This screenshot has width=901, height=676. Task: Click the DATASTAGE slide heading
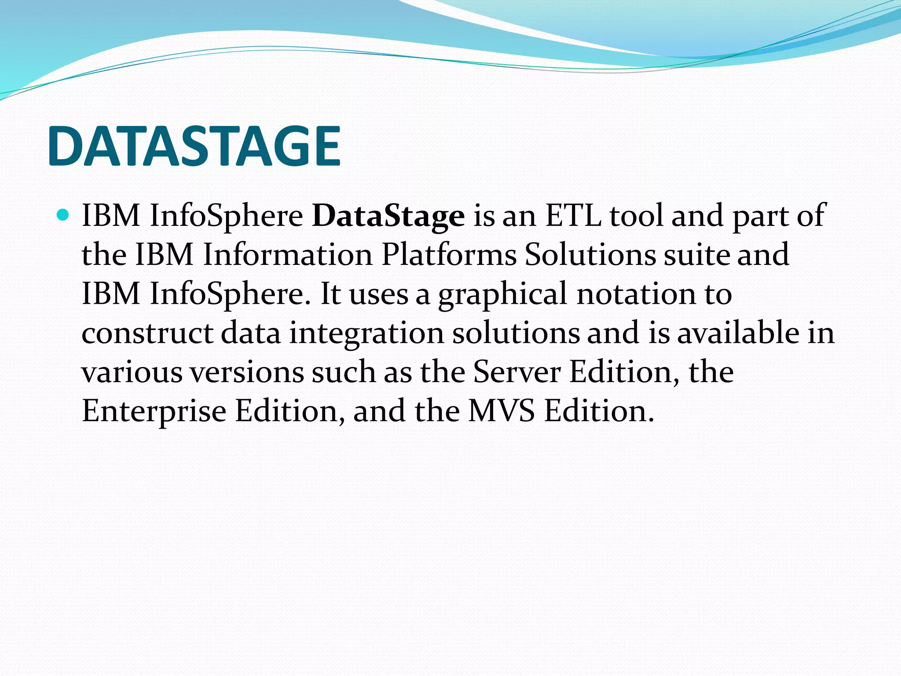point(194,146)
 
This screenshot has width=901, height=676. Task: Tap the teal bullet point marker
point(63,215)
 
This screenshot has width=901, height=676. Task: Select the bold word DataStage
point(388,216)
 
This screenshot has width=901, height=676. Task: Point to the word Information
point(288,255)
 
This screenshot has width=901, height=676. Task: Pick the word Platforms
point(449,255)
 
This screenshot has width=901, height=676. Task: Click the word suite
point(696,255)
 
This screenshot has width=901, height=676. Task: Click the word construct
point(147,333)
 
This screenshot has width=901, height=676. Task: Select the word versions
point(247,372)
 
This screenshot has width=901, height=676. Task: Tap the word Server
point(516,372)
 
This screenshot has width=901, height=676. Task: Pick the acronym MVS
point(501,411)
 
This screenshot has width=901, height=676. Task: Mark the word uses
point(378,294)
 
